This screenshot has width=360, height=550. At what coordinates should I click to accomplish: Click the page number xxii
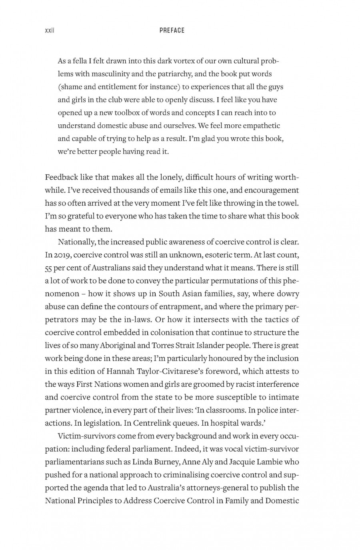[49, 30]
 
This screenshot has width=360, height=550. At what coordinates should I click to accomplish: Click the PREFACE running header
[172, 30]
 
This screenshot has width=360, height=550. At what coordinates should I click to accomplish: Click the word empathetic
[260, 126]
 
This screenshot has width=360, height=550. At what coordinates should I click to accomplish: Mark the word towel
[288, 203]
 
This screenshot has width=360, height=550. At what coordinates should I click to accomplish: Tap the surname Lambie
[268, 462]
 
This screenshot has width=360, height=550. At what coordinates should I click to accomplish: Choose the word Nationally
[76, 242]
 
